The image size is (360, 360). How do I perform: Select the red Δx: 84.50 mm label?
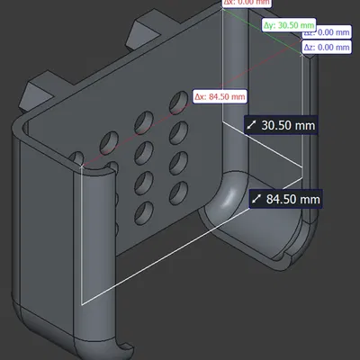(x=220, y=96)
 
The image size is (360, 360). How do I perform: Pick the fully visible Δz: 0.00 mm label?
(x=326, y=46)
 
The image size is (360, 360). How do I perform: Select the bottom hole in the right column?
(x=176, y=191)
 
